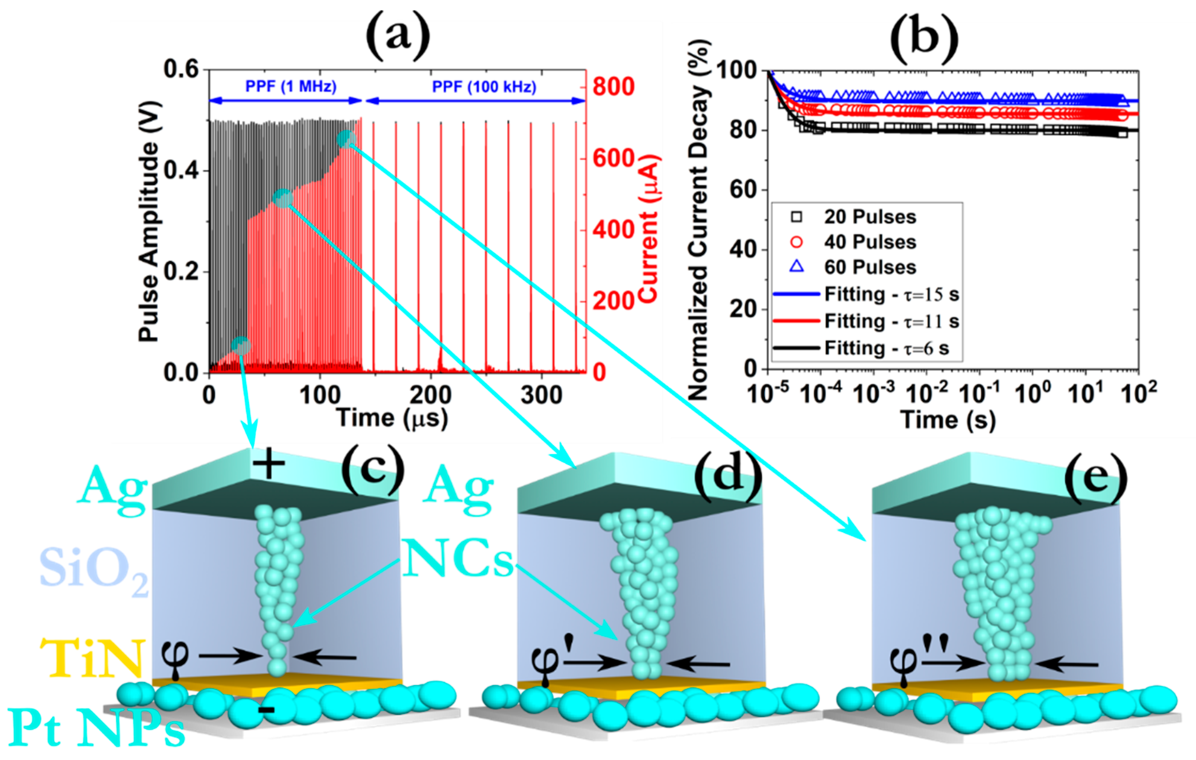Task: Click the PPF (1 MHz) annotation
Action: pyautogui.click(x=291, y=87)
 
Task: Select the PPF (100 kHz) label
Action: pyautogui.click(x=484, y=87)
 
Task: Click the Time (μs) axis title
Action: pyautogui.click(x=392, y=417)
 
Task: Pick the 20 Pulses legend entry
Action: pyautogui.click(x=869, y=217)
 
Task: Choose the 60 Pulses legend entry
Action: pyautogui.click(x=869, y=267)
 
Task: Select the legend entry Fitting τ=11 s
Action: pyautogui.click(x=891, y=321)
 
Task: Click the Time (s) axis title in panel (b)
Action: pyautogui.click(x=948, y=420)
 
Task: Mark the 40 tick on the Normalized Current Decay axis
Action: pyautogui.click(x=743, y=249)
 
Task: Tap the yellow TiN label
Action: pyautogui.click(x=92, y=658)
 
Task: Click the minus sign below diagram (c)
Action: pyautogui.click(x=267, y=710)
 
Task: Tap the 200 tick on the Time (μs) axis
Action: pyautogui.click(x=430, y=395)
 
